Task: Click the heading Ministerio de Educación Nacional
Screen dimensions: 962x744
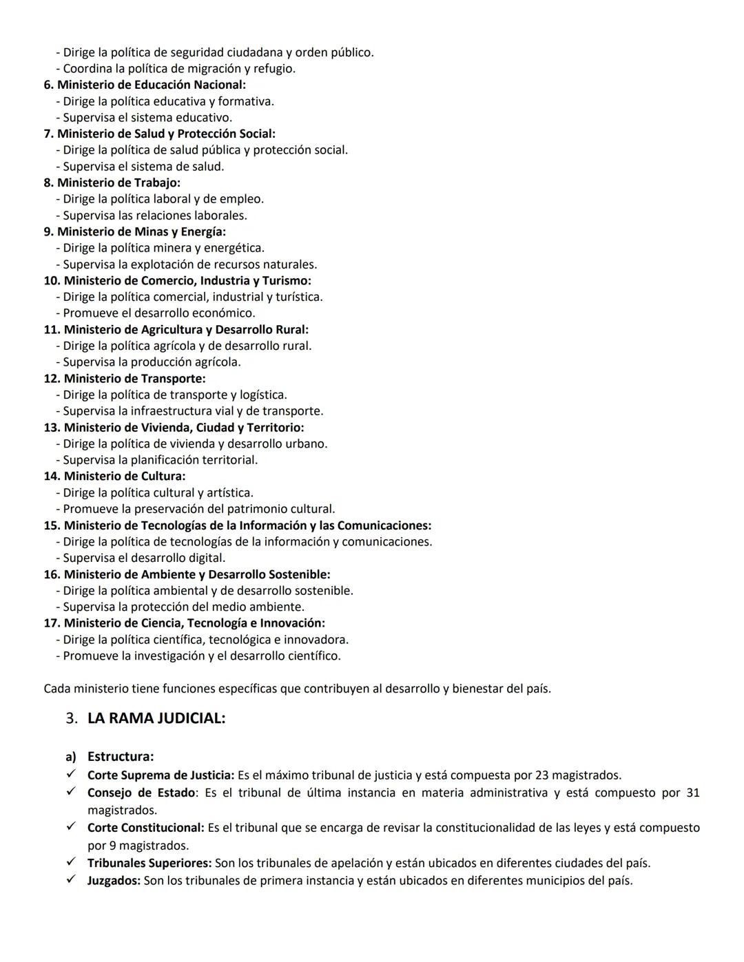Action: tap(151, 85)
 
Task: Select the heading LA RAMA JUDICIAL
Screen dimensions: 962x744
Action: tap(156, 718)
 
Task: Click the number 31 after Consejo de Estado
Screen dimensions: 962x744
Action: tap(692, 793)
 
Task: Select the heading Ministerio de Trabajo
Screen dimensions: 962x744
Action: tap(118, 182)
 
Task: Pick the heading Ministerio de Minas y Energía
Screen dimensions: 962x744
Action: tap(141, 231)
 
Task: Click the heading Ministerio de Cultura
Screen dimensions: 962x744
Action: tap(124, 476)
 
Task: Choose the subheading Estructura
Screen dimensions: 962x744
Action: tap(121, 756)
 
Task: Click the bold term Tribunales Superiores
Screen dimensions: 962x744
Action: tap(149, 863)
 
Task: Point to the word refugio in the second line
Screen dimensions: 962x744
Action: tap(273, 68)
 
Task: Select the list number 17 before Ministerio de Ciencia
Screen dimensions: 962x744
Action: tap(52, 623)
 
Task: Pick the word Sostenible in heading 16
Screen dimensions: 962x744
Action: tap(298, 574)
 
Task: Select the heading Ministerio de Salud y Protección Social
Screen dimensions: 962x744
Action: tap(166, 134)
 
